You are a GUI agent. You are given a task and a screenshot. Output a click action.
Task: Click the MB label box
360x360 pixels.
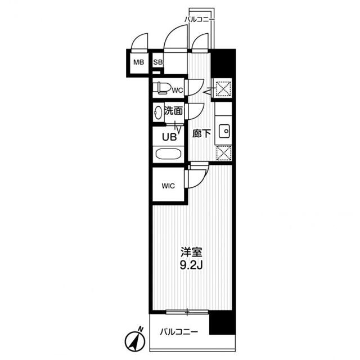138,63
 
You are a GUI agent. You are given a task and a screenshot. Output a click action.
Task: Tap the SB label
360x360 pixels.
158,62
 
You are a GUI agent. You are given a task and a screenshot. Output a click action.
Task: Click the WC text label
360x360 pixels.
177,90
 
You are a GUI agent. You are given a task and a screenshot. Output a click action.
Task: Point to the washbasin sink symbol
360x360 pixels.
158,112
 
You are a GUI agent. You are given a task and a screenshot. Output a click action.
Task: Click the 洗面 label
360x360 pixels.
173,111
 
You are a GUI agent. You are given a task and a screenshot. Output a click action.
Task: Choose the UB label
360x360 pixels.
169,136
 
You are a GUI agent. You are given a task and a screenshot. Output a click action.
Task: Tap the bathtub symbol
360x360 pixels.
167,155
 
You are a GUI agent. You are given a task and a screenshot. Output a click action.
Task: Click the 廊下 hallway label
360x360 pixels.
201,133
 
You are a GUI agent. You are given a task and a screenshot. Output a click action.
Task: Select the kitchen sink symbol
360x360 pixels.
223,131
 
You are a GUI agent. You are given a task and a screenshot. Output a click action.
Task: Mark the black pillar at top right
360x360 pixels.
223,64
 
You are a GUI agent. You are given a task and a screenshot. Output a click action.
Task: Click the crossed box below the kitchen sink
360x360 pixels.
223,152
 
